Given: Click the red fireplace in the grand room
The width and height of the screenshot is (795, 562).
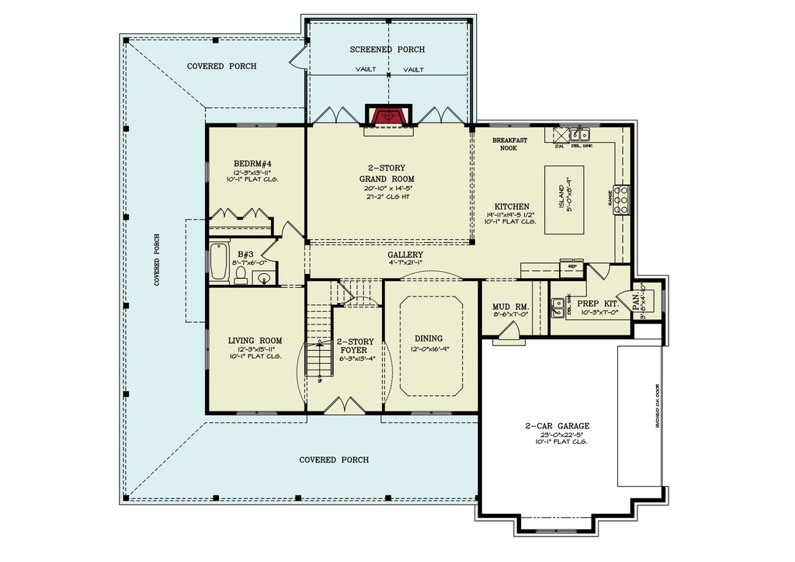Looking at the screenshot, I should (x=387, y=116).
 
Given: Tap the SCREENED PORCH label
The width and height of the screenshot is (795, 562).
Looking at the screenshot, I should (x=387, y=50).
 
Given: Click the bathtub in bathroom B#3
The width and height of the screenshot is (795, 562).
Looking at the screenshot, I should (x=217, y=262).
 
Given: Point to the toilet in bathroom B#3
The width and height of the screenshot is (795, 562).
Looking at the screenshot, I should (x=241, y=276).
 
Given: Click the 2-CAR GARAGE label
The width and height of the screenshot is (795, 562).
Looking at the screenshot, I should (x=557, y=425).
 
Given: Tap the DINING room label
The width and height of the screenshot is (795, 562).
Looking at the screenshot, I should (x=428, y=338).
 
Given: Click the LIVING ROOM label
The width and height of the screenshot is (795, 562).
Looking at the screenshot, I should (x=255, y=341).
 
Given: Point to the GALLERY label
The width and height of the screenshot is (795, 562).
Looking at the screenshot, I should (x=405, y=255).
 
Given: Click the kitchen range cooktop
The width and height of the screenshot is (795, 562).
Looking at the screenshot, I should (x=621, y=199).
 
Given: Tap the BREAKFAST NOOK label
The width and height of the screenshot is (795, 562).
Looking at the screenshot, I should (x=509, y=144).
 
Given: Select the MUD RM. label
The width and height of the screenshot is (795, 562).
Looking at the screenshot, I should (x=510, y=307).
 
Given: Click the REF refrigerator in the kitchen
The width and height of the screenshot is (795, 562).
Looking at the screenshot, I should (x=573, y=266).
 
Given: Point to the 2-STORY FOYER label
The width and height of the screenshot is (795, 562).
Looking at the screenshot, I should (x=355, y=345).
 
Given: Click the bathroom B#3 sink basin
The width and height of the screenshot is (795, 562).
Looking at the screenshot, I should (x=266, y=277).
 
